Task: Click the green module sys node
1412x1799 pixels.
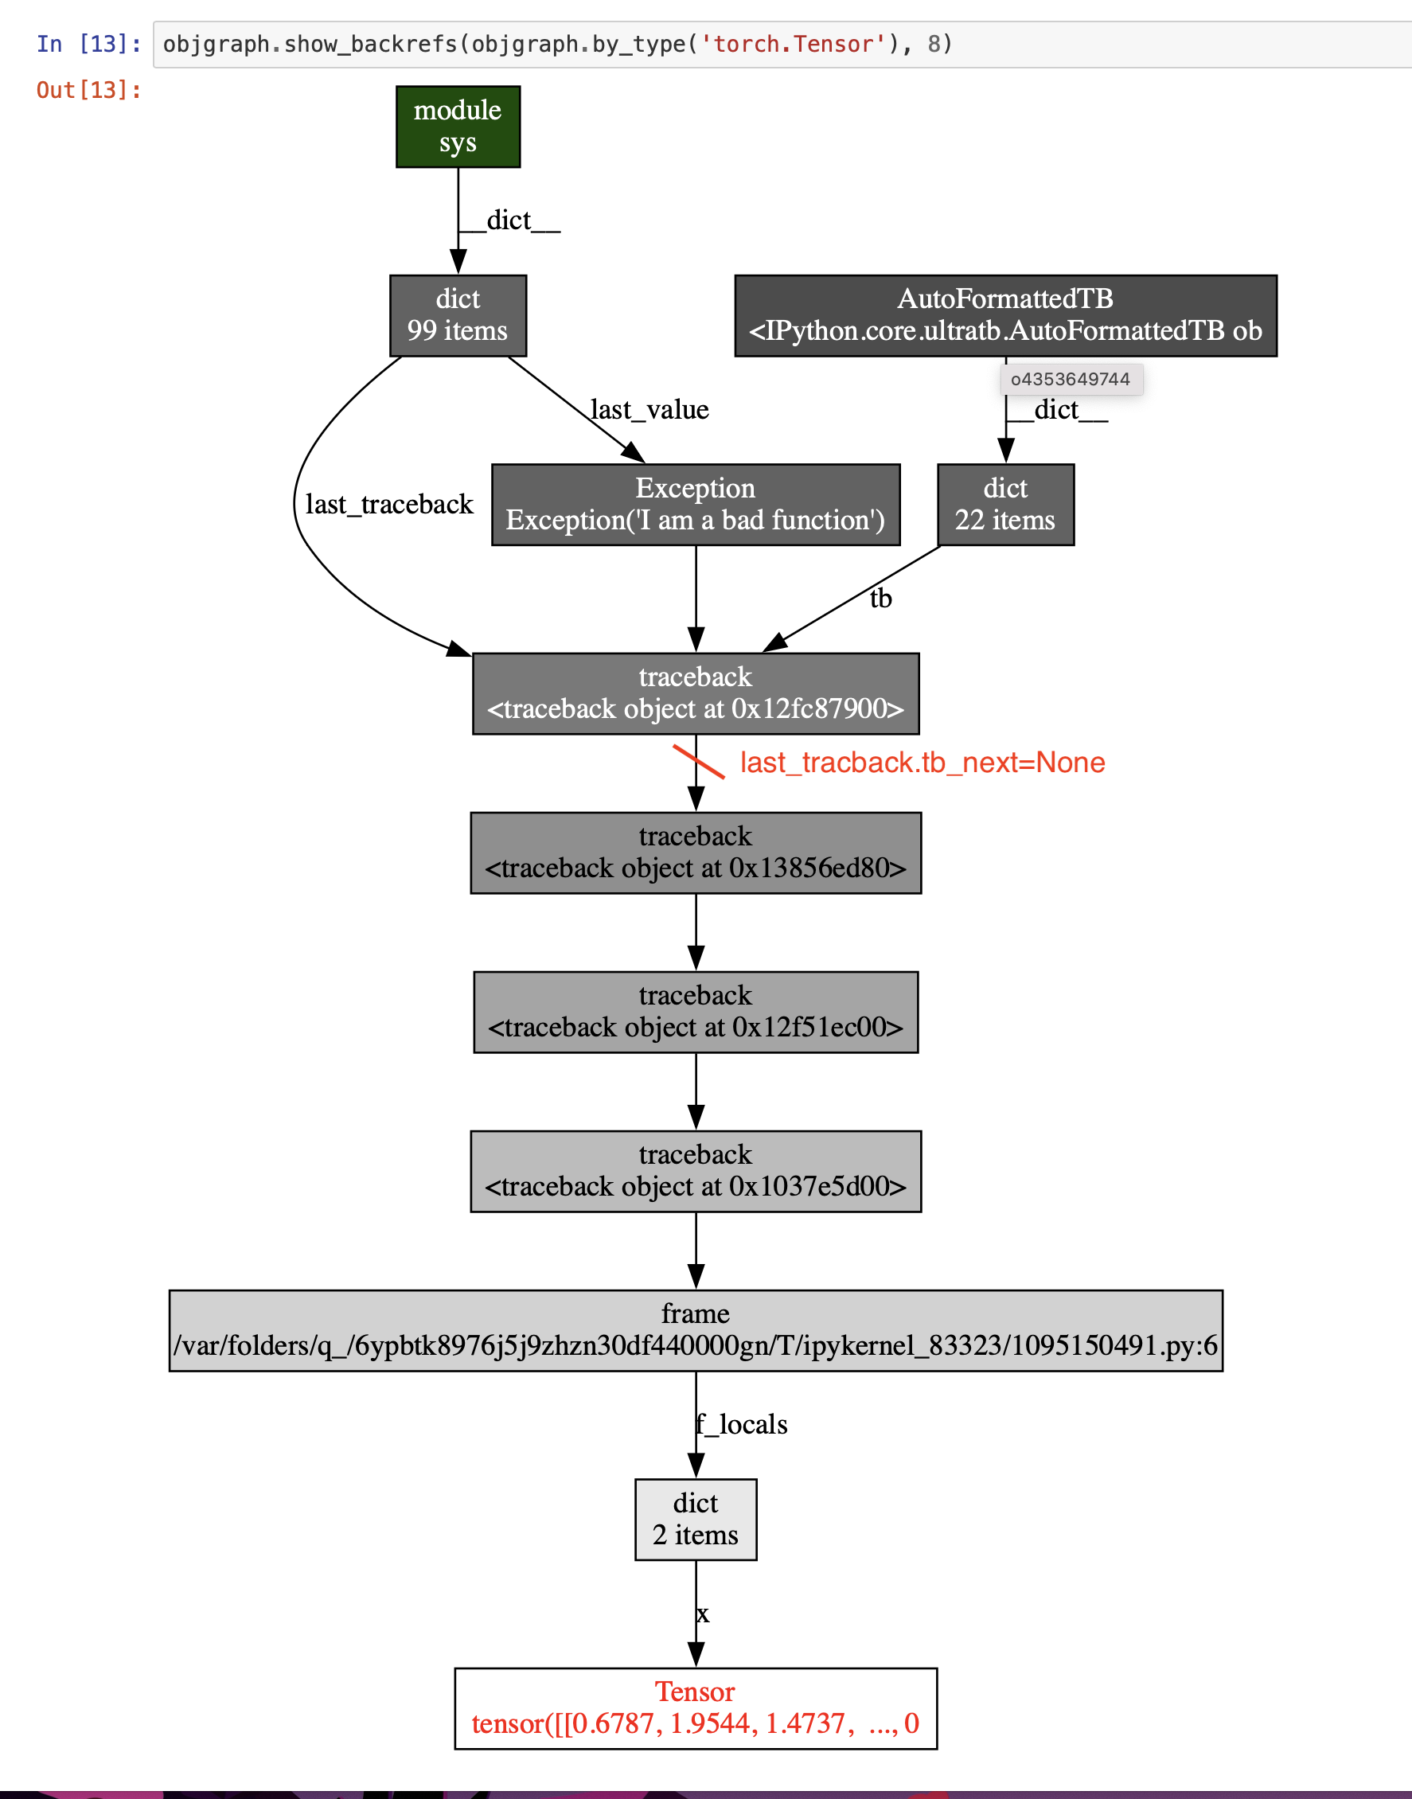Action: pyautogui.click(x=458, y=127)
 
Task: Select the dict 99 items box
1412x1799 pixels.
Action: pyautogui.click(x=458, y=315)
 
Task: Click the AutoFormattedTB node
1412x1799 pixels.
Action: pyautogui.click(x=1005, y=315)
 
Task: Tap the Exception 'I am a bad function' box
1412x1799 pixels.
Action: pyautogui.click(x=695, y=505)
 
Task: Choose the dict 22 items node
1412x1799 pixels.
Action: pyautogui.click(x=1005, y=505)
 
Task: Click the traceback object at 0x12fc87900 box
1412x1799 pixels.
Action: pyautogui.click(x=695, y=693)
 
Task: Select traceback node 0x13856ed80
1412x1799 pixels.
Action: pyautogui.click(x=695, y=853)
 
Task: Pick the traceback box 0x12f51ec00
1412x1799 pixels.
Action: pyautogui.click(x=695, y=1011)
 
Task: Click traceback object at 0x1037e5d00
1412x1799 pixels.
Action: pyautogui.click(x=695, y=1171)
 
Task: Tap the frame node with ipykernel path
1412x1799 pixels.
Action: pyautogui.click(x=695, y=1330)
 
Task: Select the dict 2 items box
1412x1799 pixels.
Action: pyautogui.click(x=695, y=1519)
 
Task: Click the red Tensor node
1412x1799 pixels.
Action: pyautogui.click(x=695, y=1708)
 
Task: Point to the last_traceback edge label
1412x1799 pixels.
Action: pyautogui.click(x=388, y=505)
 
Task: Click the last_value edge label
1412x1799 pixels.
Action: pyautogui.click(x=649, y=409)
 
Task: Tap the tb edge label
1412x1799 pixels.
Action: pyautogui.click(x=880, y=599)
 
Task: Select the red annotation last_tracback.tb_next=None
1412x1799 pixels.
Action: pyautogui.click(x=922, y=763)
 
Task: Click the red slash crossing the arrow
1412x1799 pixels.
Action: pyautogui.click(x=699, y=762)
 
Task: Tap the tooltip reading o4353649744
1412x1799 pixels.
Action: pyautogui.click(x=1071, y=380)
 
